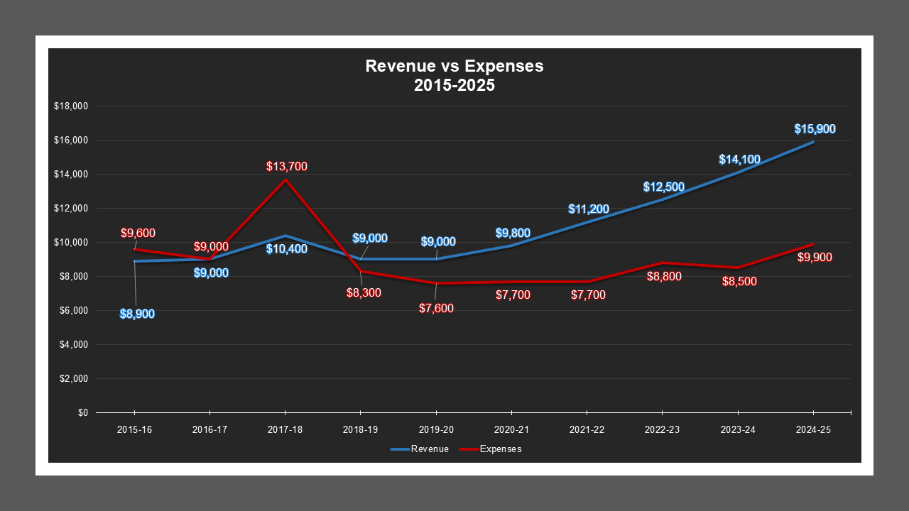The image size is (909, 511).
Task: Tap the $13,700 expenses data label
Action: [287, 167]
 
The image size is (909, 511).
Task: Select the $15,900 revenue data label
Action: [815, 129]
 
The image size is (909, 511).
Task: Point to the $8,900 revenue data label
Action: [137, 314]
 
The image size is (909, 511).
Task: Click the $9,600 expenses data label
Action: [138, 233]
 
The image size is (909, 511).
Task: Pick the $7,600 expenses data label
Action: [436, 308]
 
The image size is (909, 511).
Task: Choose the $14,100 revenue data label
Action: [739, 160]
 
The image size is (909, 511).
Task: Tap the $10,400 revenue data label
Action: [287, 248]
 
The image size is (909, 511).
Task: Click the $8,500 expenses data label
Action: [739, 281]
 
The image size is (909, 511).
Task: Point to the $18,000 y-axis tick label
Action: [70, 106]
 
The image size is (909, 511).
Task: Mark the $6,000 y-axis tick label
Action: [72, 310]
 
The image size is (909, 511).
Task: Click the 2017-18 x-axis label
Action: [285, 430]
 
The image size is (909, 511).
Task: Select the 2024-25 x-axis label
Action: [813, 430]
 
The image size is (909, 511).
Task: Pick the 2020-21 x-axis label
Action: [511, 430]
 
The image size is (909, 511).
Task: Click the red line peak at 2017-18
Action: [285, 180]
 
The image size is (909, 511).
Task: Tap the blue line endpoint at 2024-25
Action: [813, 142]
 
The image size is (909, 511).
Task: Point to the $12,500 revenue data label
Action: [664, 187]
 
